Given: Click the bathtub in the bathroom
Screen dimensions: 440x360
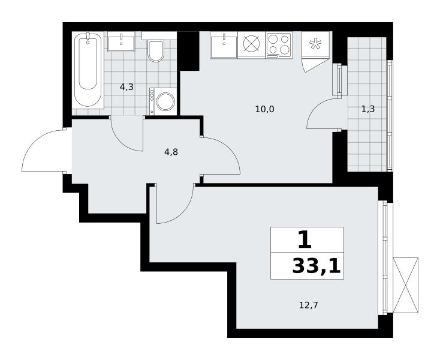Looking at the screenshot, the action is pyautogui.click(x=88, y=70).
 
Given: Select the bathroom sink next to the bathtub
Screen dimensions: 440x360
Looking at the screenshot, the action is pyautogui.click(x=121, y=41).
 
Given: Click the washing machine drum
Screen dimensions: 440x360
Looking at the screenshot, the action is pyautogui.click(x=165, y=101).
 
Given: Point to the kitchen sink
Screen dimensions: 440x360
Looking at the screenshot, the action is pyautogui.click(x=224, y=44).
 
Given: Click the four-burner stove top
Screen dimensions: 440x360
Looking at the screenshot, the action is pyautogui.click(x=279, y=44).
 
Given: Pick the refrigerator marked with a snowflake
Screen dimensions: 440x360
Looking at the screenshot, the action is pyautogui.click(x=316, y=44).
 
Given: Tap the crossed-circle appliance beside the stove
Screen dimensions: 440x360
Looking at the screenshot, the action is pyautogui.click(x=251, y=44).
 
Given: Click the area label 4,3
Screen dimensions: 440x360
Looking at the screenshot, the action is pyautogui.click(x=126, y=88).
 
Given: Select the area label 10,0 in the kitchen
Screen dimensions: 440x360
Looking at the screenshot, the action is pyautogui.click(x=264, y=109).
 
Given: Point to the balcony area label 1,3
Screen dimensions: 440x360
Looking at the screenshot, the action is pyautogui.click(x=368, y=109).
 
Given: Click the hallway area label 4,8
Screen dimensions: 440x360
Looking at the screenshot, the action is pyautogui.click(x=171, y=152).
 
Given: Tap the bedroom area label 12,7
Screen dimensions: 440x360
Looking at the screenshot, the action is pyautogui.click(x=308, y=305).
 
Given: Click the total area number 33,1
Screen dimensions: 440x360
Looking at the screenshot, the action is pyautogui.click(x=317, y=266).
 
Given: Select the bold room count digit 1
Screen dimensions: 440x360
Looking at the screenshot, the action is pyautogui.click(x=305, y=240).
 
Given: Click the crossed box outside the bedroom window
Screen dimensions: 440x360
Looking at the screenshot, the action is pyautogui.click(x=405, y=285).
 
